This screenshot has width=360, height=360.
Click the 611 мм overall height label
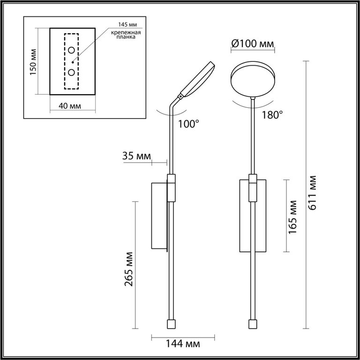point(313,193)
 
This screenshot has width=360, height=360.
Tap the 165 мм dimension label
point(292,217)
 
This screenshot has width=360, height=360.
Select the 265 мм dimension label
point(129,269)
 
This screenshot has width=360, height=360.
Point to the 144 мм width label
point(183,344)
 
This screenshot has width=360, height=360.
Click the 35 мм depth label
point(136,156)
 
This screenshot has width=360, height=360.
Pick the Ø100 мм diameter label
point(253,44)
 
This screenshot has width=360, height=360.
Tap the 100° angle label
point(188,124)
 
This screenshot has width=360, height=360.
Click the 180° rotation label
point(272,115)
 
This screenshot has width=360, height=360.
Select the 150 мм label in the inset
point(33,62)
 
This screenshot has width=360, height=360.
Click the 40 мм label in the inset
point(70,106)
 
